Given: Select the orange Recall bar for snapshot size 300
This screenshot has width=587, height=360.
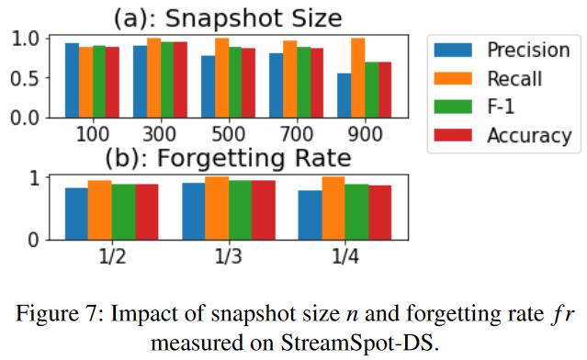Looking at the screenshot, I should point(154,78).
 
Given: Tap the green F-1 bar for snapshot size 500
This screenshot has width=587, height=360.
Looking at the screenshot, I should point(235,82).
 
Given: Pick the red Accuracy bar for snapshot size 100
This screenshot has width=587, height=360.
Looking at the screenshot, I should point(113,82).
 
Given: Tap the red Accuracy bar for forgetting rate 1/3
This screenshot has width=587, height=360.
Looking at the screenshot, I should point(264,210).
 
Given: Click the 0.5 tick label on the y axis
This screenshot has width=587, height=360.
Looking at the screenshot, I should point(38,78).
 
